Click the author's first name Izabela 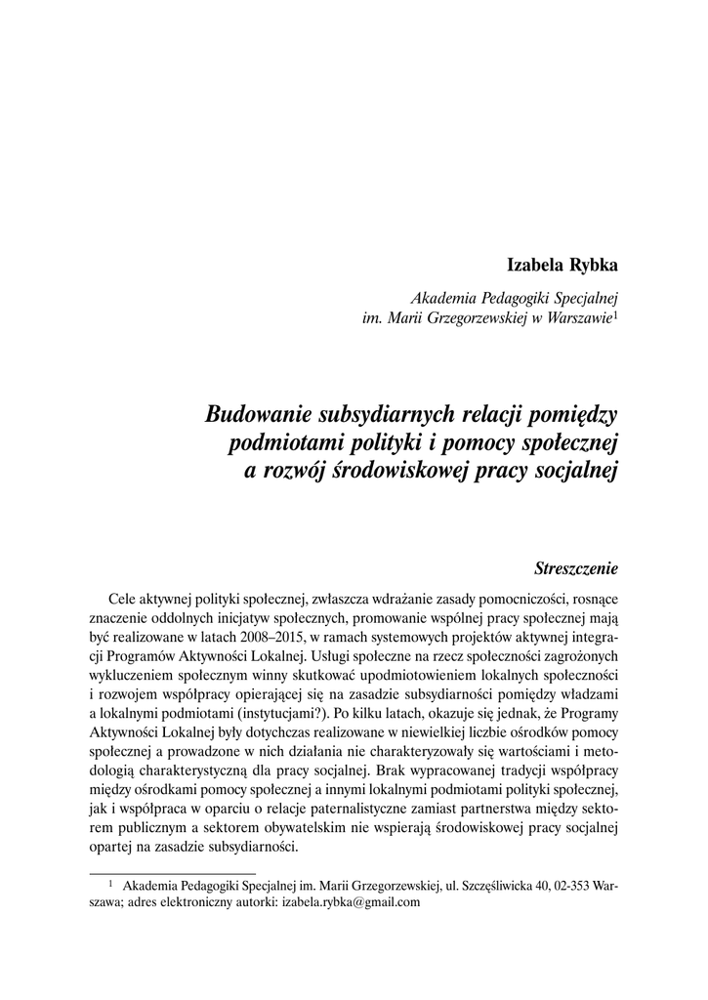pos(535,266)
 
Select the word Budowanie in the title pos(261,414)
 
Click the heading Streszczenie pos(576,566)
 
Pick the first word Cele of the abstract pos(126,599)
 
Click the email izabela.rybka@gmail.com pos(351,903)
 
